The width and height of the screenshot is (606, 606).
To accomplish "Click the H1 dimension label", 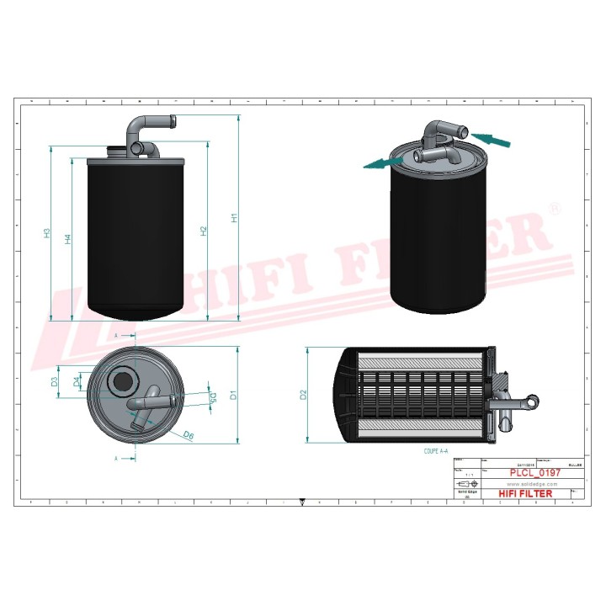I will [x=235, y=217].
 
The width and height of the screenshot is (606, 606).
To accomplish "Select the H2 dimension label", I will [x=204, y=230].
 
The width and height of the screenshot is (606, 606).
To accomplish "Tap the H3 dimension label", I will [x=49, y=233].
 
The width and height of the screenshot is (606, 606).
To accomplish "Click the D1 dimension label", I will [x=235, y=393].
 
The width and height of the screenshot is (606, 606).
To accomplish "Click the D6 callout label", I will [x=189, y=435].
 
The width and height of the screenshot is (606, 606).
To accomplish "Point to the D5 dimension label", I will [x=213, y=397].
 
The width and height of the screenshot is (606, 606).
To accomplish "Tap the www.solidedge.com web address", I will [x=524, y=484].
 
